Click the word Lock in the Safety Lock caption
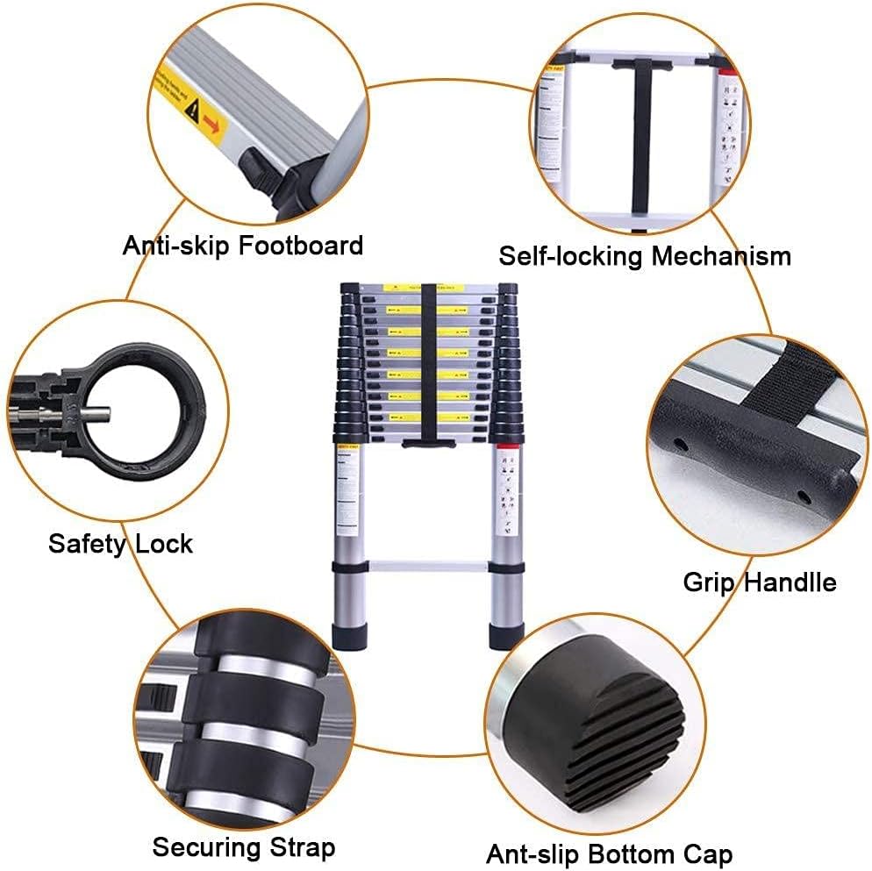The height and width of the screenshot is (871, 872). pos(163,544)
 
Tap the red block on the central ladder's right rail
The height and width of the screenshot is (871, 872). pos(504,450)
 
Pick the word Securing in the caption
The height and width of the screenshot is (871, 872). pos(205,848)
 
